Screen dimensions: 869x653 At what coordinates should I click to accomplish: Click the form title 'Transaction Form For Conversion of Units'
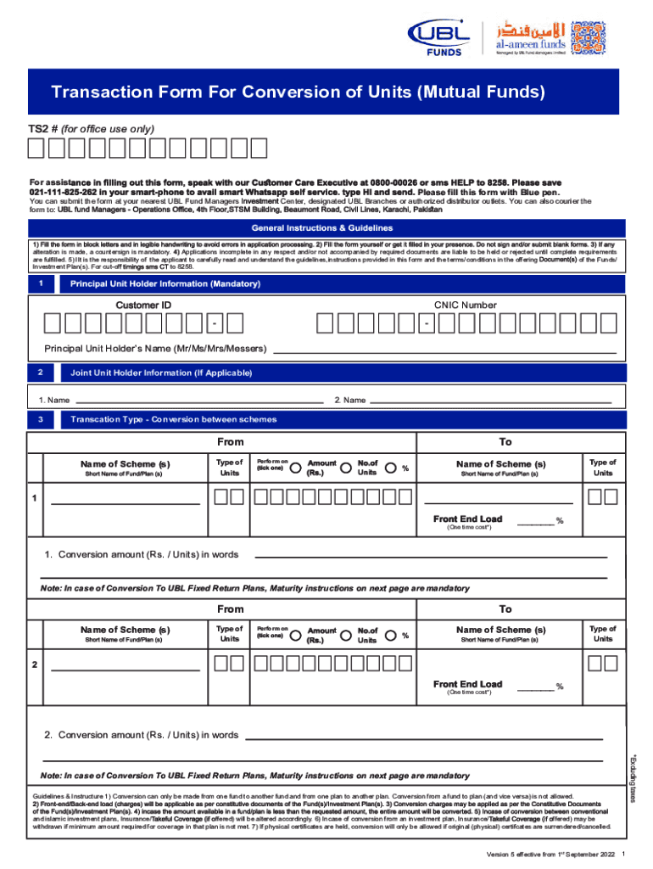(x=298, y=92)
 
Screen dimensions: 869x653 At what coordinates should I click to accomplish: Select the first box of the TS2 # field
(x=36, y=149)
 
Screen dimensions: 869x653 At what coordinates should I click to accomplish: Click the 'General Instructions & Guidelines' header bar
(x=326, y=228)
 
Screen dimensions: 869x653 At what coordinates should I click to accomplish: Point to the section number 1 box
(x=40, y=283)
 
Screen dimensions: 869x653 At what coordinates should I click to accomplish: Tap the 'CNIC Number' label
(x=466, y=305)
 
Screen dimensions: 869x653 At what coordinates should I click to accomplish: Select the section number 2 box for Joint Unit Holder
(x=40, y=373)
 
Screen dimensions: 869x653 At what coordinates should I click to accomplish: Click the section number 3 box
(x=40, y=418)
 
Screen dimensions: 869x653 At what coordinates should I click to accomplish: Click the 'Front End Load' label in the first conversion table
(x=467, y=519)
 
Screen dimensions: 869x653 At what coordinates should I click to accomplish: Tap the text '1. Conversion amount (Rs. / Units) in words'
(x=142, y=554)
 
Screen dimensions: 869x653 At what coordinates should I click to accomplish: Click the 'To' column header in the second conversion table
(x=505, y=608)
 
